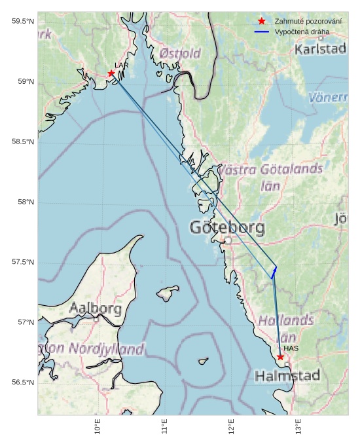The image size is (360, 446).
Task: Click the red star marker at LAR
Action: pyautogui.click(x=111, y=73)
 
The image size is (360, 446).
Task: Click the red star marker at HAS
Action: pyautogui.click(x=281, y=357)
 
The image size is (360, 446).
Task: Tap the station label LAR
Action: pyautogui.click(x=120, y=65)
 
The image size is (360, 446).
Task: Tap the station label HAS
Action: pyautogui.click(x=291, y=348)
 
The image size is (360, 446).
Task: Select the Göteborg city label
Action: pyautogui.click(x=227, y=228)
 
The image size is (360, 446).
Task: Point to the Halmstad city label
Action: pyautogui.click(x=287, y=376)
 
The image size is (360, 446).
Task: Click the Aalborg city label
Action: pyautogui.click(x=96, y=308)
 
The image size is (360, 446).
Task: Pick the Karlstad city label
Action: pyautogui.click(x=320, y=49)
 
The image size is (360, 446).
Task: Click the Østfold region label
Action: pyautogui.click(x=180, y=54)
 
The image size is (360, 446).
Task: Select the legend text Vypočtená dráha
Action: pyautogui.click(x=302, y=31)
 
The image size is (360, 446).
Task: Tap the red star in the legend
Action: pyautogui.click(x=262, y=22)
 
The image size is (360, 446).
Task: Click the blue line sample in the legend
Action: pyautogui.click(x=262, y=31)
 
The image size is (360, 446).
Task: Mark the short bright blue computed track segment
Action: pyautogui.click(x=274, y=272)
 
